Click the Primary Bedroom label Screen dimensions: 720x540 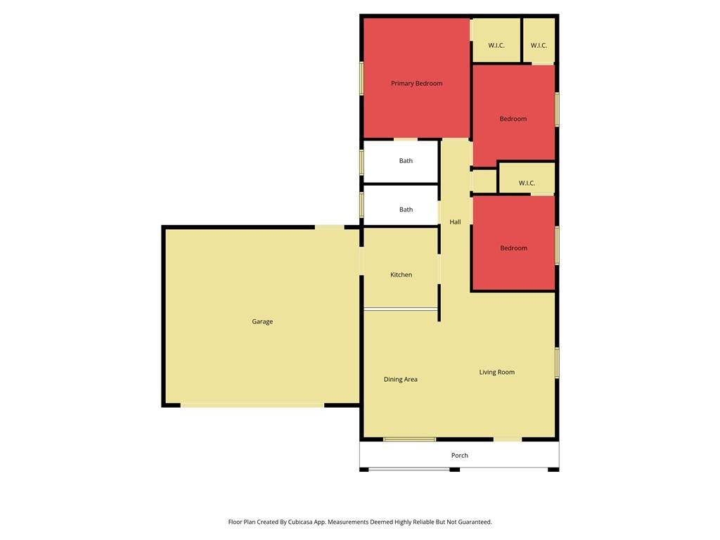(x=416, y=83)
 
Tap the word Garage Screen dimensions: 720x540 (x=262, y=321)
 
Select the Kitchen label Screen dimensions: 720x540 (x=401, y=275)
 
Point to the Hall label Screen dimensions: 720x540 (x=455, y=221)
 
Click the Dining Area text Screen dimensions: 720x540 (x=400, y=379)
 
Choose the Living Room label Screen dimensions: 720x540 (x=497, y=372)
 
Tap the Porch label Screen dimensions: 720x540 (x=460, y=455)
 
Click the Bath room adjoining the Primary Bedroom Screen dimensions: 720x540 (x=400, y=161)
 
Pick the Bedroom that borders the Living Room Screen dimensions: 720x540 (x=514, y=243)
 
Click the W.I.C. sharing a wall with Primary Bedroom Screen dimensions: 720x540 (x=496, y=40)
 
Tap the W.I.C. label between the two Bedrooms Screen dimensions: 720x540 (x=527, y=183)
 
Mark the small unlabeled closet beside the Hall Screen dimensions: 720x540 (x=484, y=181)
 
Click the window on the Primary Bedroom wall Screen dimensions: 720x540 (x=361, y=79)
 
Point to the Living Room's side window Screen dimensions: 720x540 (x=557, y=363)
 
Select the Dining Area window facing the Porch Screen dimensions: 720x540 (x=410, y=439)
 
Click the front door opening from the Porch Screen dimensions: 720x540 (x=508, y=439)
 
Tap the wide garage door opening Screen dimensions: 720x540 (x=252, y=405)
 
